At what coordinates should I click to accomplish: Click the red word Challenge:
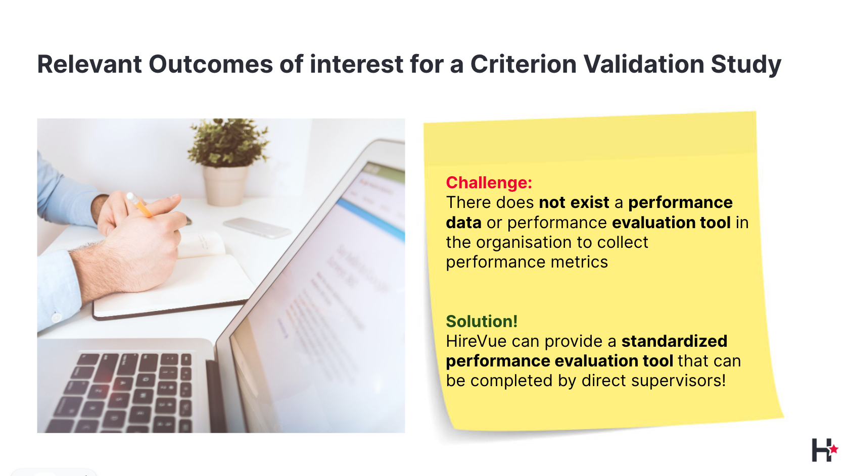point(489,183)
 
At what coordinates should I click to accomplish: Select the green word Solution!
point(482,322)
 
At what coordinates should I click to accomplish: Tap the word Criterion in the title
point(523,64)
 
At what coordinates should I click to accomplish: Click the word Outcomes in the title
point(211,64)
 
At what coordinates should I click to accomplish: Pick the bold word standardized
point(674,341)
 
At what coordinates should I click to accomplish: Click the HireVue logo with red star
point(825,450)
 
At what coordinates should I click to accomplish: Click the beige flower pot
point(225,186)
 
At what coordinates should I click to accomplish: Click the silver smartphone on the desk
point(258,228)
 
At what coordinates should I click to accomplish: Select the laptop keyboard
point(125,393)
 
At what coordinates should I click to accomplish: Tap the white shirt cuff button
point(56,317)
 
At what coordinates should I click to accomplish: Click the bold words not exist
point(574,203)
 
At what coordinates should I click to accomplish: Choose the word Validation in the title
point(643,64)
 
